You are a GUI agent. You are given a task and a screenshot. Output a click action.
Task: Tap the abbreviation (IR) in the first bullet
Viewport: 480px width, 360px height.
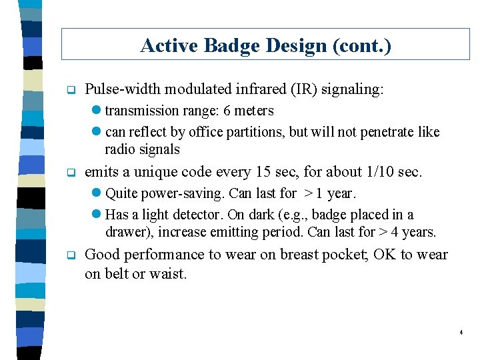(x=302, y=89)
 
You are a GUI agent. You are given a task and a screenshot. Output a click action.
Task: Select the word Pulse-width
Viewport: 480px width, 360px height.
(x=123, y=89)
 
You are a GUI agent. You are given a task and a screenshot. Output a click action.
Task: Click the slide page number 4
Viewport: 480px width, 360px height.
(x=461, y=332)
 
